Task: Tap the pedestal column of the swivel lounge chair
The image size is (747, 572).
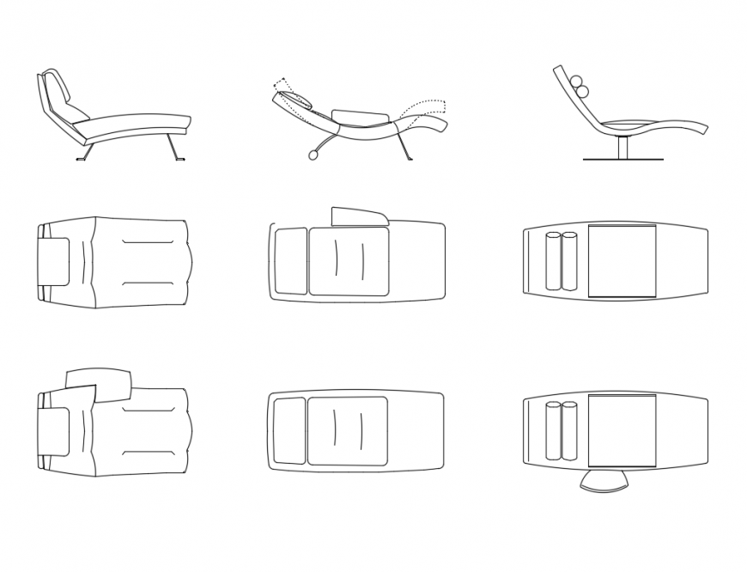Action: coord(622,147)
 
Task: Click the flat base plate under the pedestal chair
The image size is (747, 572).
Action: coord(622,160)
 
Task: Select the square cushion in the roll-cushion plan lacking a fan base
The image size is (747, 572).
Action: coord(622,261)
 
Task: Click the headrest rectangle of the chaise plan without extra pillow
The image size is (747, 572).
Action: coord(56,261)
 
